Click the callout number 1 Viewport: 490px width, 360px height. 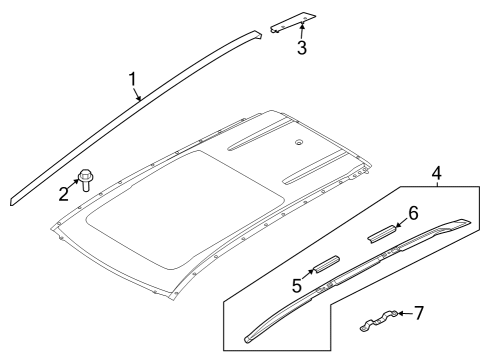[132, 79]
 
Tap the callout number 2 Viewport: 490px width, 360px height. [63, 193]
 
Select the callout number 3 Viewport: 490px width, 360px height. [301, 46]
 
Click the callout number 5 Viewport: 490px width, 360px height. [297, 286]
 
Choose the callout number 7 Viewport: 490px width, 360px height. [418, 313]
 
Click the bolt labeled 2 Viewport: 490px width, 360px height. [86, 181]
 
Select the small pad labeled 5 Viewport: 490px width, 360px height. [325, 265]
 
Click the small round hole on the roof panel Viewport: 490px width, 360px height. [300, 143]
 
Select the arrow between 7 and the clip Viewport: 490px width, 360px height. [402, 315]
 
